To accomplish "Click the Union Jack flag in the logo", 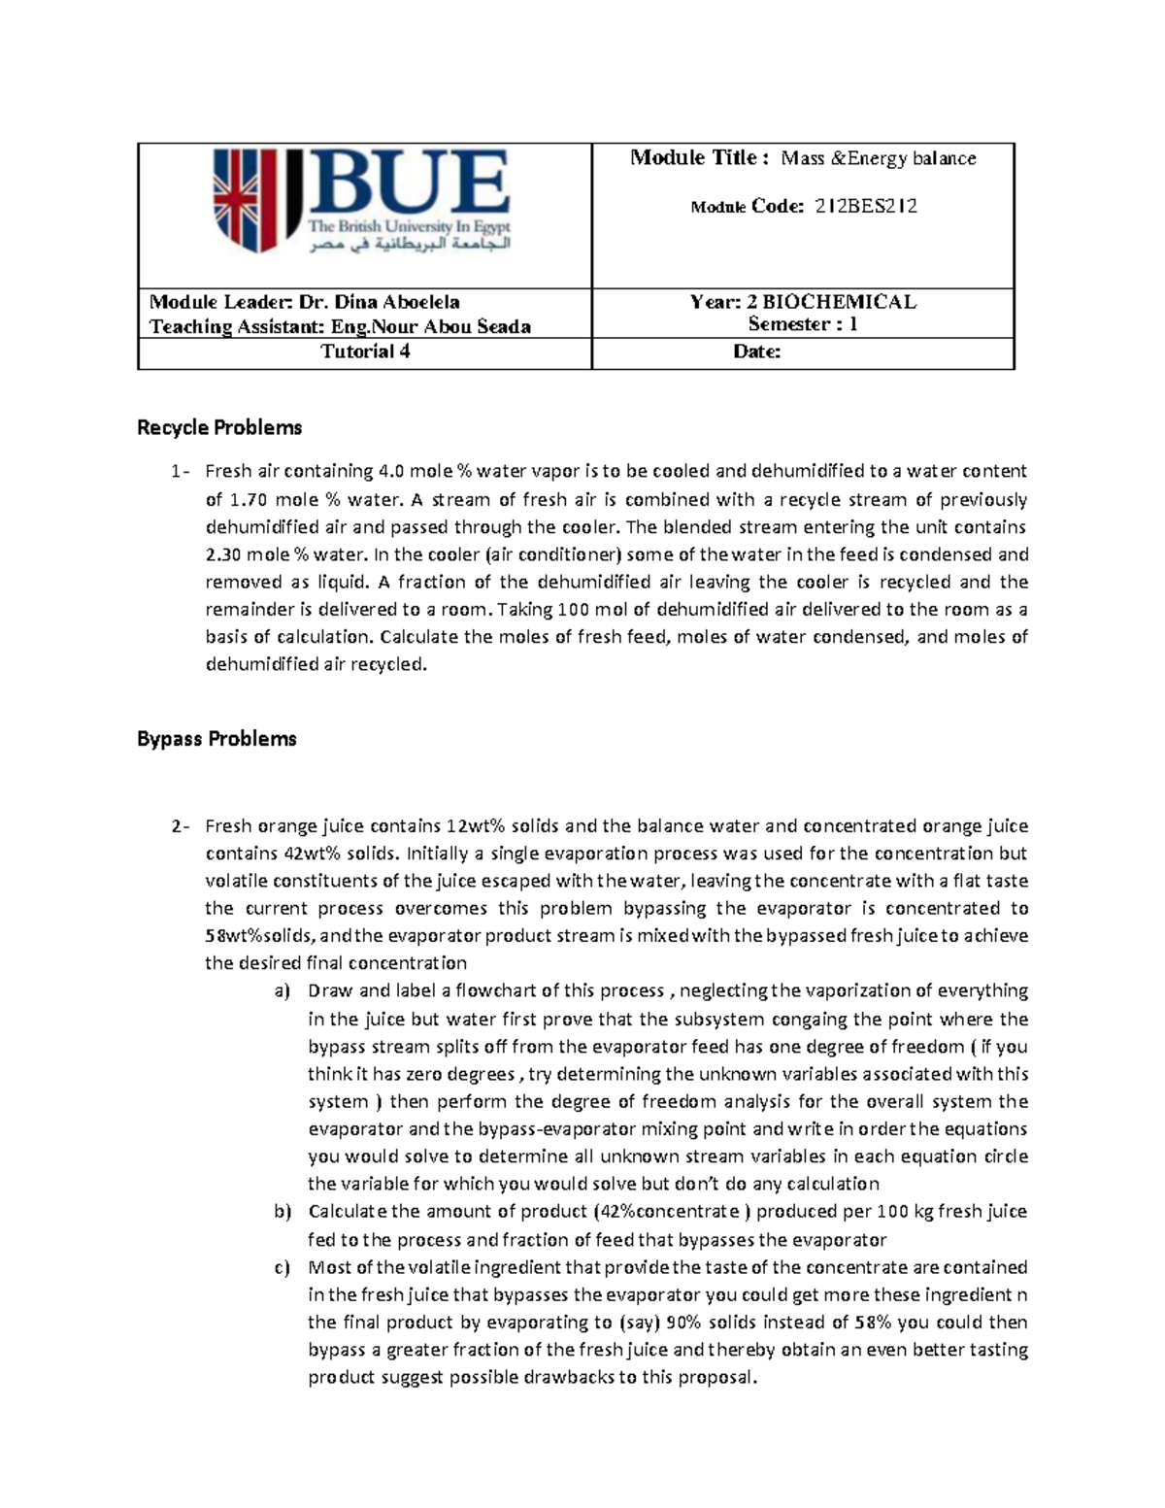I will pyautogui.click(x=238, y=200).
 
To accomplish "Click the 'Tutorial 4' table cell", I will pyautogui.click(x=365, y=352).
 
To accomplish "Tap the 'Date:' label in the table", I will pyautogui.click(x=756, y=352).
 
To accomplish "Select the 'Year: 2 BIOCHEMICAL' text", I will pyautogui.click(x=803, y=302).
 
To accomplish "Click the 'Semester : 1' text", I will pyautogui.click(x=803, y=324).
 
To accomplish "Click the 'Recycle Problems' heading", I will pyautogui.click(x=219, y=427).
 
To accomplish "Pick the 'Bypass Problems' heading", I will pyautogui.click(x=216, y=739).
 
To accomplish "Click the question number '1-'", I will pyautogui.click(x=180, y=472).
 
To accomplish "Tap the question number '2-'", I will pyautogui.click(x=180, y=826).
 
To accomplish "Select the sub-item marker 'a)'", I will pyautogui.click(x=282, y=991).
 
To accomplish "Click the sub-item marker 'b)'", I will pyautogui.click(x=282, y=1212).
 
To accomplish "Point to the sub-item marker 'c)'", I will pyautogui.click(x=282, y=1267).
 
